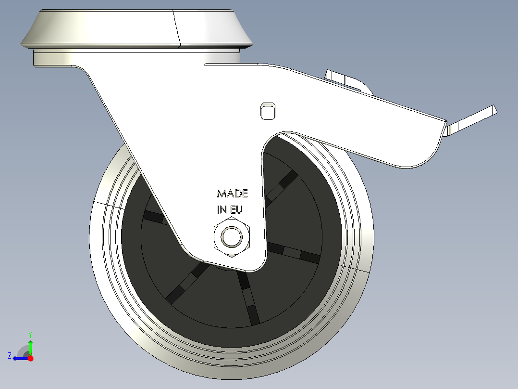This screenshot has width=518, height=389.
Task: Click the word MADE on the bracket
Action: [x=233, y=194]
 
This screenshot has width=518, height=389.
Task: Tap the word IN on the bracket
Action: [x=222, y=210]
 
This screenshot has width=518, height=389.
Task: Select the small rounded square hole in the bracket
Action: [x=267, y=110]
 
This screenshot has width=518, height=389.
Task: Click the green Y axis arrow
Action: [x=30, y=346]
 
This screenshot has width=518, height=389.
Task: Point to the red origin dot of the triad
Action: [x=30, y=358]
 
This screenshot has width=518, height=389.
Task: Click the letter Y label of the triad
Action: [x=30, y=334]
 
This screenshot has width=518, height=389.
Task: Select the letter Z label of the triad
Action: [x=10, y=356]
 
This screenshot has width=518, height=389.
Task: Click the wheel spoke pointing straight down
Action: [x=248, y=298]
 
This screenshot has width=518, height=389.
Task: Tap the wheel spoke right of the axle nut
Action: [x=293, y=252]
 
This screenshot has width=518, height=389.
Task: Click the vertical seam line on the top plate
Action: [x=176, y=29]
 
